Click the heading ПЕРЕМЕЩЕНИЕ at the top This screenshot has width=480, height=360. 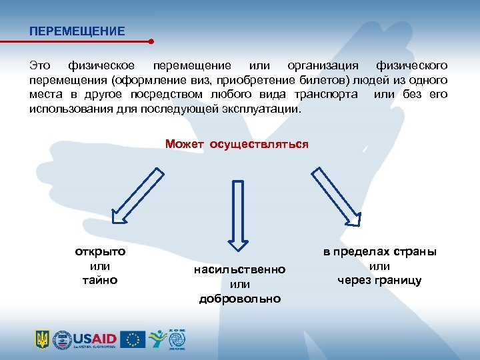pyautogui.click(x=77, y=31)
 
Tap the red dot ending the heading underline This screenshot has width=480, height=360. pyautogui.click(x=151, y=41)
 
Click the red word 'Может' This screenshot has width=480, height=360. pyautogui.click(x=185, y=144)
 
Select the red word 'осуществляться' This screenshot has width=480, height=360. pyautogui.click(x=259, y=144)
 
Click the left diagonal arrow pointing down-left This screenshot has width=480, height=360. pyautogui.click(x=137, y=194)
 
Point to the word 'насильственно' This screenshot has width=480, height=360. pyautogui.click(x=239, y=269)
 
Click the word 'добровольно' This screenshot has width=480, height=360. pyautogui.click(x=239, y=298)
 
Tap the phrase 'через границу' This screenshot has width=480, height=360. pyautogui.click(x=379, y=280)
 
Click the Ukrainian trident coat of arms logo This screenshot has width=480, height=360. pyautogui.click(x=42, y=340)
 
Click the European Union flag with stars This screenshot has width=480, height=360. pyautogui.click(x=135, y=339)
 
